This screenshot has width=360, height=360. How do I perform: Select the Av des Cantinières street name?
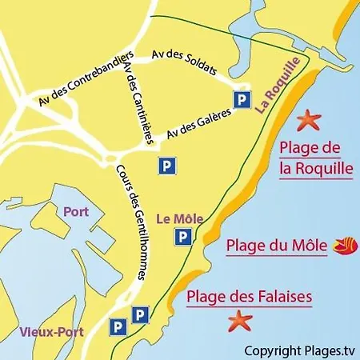click(x=138, y=104)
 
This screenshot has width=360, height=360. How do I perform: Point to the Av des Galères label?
click(x=199, y=123)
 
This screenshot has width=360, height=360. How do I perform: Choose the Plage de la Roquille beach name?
click(x=316, y=158)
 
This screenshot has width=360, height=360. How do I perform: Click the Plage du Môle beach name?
click(x=277, y=246)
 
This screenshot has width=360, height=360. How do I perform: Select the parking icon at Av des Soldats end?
click(x=240, y=98)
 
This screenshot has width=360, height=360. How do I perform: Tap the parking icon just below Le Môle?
click(x=184, y=236)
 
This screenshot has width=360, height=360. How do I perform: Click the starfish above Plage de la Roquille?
click(x=307, y=121)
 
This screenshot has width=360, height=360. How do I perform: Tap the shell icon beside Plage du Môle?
click(x=343, y=242)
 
